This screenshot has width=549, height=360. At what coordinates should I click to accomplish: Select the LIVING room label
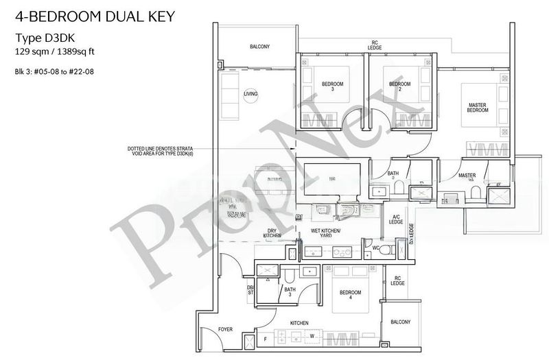(x=250, y=93)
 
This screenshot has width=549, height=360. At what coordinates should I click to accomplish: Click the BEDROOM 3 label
(x=332, y=87)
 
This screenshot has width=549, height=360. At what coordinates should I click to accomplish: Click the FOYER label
(x=225, y=330)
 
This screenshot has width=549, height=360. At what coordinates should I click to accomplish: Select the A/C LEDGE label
(x=396, y=219)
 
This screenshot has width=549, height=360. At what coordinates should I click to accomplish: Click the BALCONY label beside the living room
(x=259, y=47)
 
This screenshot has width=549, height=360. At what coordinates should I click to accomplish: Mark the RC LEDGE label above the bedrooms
(x=375, y=45)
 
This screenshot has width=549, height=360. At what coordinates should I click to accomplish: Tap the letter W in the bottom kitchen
(x=312, y=336)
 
